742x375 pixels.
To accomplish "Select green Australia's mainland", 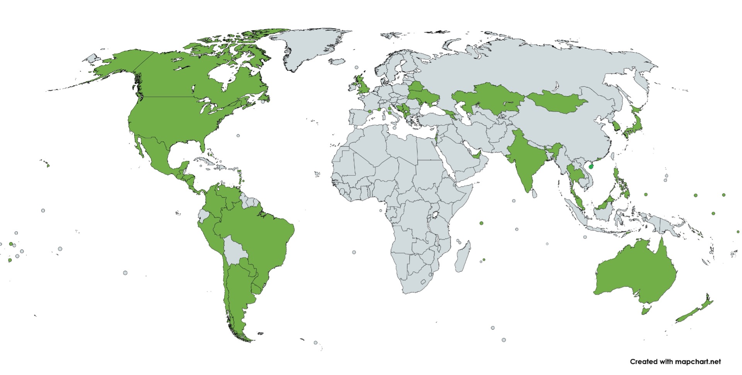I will pyautogui.click(x=634, y=271).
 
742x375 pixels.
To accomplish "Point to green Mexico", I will pyautogui.click(x=155, y=155).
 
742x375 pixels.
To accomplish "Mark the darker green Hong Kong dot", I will pyautogui.click(x=591, y=167).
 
